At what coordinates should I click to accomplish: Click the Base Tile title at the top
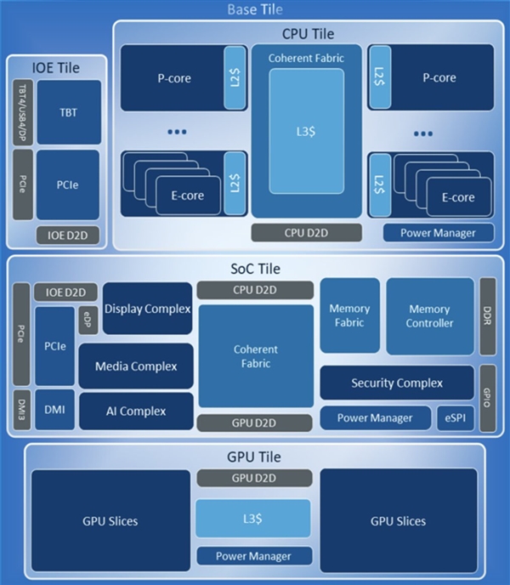[255, 9]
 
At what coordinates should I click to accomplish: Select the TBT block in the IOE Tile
[68, 112]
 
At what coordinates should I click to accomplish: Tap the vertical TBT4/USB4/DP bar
[23, 112]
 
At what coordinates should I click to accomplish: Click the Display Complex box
[147, 309]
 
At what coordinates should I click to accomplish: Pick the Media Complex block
[135, 366]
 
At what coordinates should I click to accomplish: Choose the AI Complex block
[135, 411]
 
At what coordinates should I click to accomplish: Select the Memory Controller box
[430, 315]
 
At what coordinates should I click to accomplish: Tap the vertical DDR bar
[487, 315]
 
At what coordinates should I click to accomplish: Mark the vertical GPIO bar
[487, 395]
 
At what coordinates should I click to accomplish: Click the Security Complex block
[397, 383]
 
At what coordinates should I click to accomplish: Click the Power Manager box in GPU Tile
[254, 556]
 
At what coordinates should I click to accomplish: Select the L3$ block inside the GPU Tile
[253, 518]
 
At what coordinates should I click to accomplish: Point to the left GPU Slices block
[110, 520]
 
